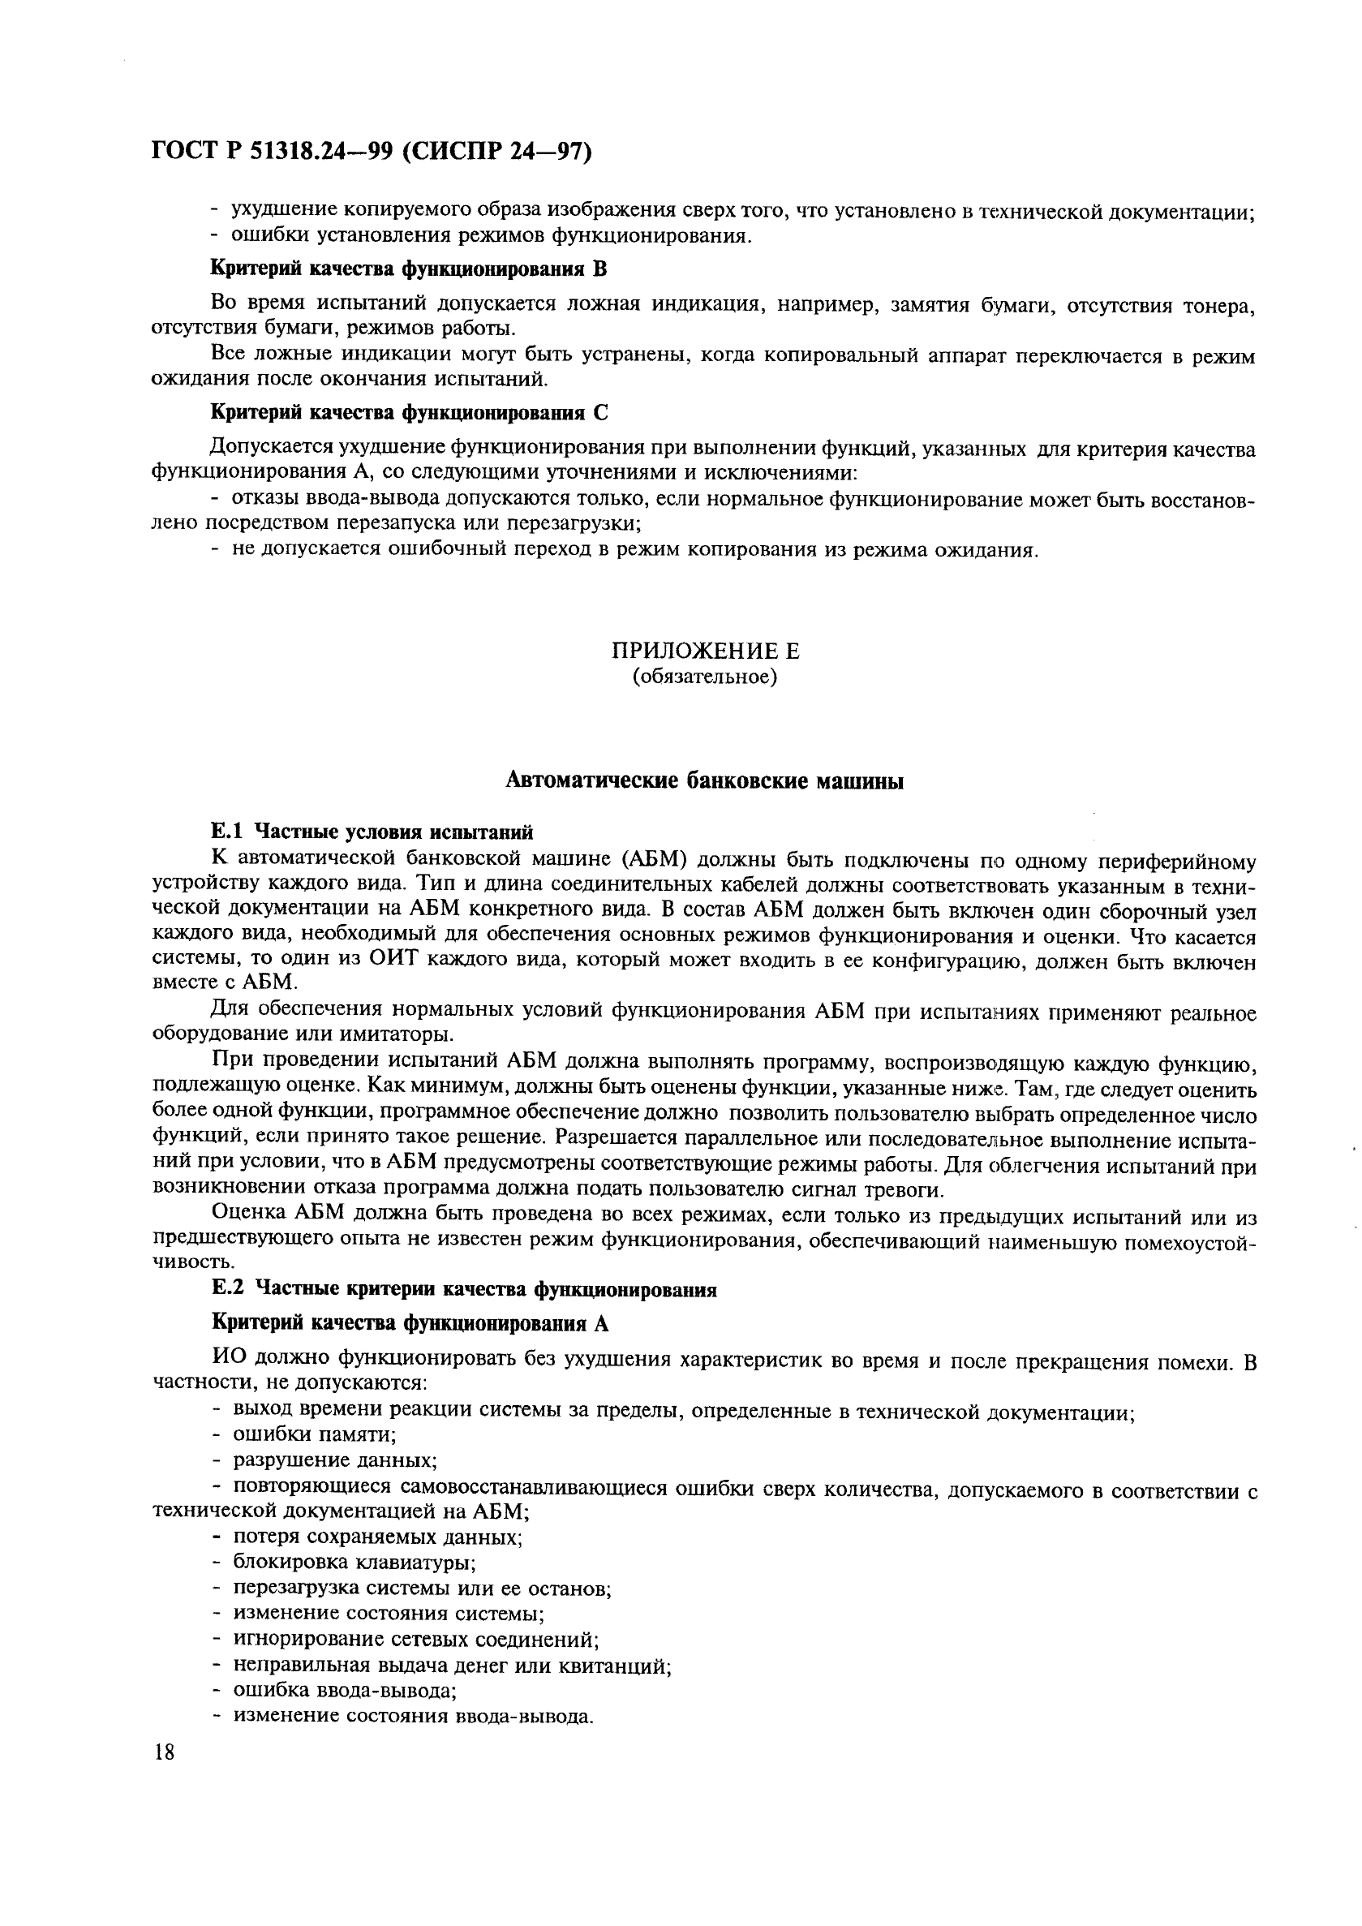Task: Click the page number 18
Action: [165, 1752]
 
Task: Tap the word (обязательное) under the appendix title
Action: [704, 677]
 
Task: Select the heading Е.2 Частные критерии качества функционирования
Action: [464, 1289]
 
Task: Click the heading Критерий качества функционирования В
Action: [407, 269]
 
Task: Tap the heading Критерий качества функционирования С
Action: [408, 413]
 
